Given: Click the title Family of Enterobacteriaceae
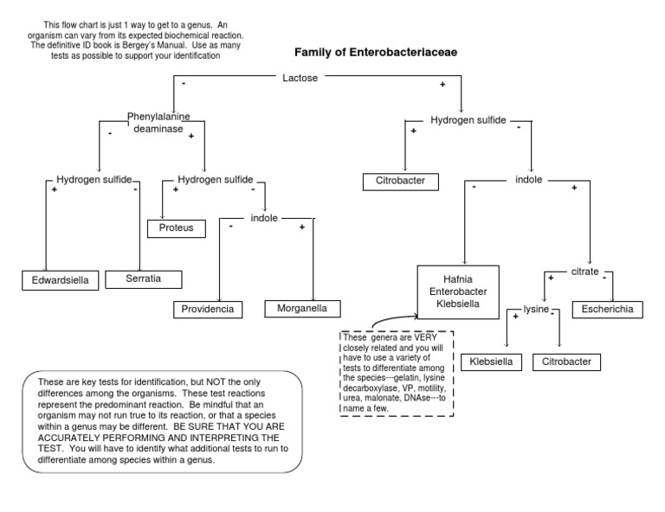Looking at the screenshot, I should [376, 52].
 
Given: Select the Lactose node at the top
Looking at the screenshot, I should [300, 78].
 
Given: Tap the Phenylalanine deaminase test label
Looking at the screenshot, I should [158, 123].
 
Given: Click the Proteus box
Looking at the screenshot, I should [176, 228].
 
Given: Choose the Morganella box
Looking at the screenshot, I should [302, 308].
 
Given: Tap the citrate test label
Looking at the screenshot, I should [584, 272].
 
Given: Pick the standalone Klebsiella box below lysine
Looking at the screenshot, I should [491, 362].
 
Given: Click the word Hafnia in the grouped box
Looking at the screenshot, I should [458, 278].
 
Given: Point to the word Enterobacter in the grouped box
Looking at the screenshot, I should [458, 293].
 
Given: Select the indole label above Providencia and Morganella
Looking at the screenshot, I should [264, 218].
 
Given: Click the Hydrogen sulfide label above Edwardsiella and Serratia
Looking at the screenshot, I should [94, 179].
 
